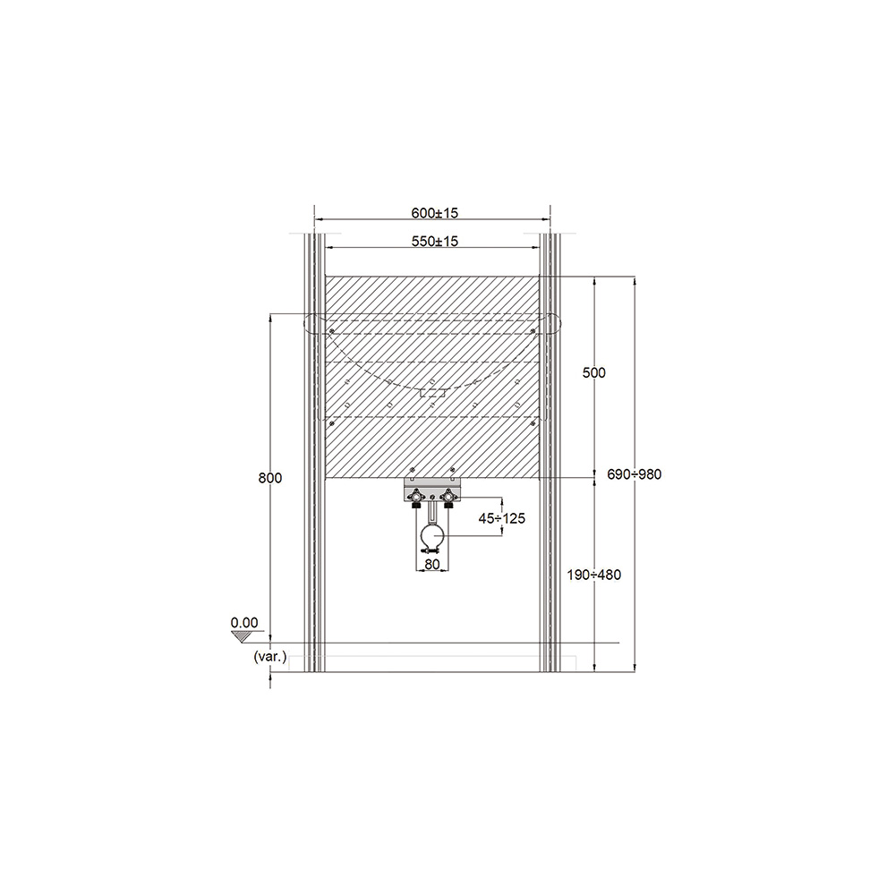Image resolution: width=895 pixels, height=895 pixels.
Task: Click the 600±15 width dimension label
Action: (434, 213)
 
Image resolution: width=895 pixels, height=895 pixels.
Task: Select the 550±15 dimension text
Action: (434, 241)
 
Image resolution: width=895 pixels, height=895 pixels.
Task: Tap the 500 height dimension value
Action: (593, 372)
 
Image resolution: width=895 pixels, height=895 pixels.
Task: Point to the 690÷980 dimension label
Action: (635, 474)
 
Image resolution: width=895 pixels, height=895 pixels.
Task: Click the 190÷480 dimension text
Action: (593, 575)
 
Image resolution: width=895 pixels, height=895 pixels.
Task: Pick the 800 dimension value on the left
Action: (270, 478)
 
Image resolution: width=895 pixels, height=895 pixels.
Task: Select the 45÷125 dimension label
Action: (502, 518)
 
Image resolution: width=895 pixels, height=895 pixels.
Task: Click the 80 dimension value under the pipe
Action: (432, 564)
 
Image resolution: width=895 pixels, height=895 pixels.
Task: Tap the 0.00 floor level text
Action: (244, 623)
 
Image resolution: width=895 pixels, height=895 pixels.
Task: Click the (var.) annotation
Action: (270, 656)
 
